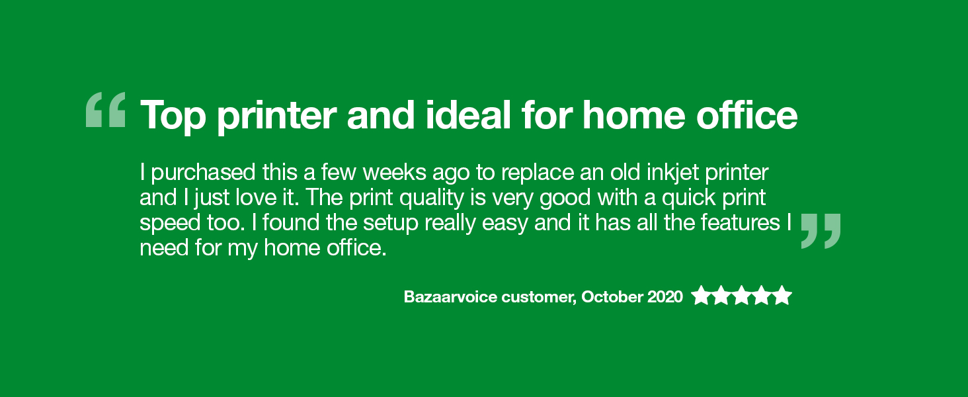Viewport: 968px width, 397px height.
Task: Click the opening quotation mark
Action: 105,109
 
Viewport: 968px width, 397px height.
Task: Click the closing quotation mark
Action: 821,231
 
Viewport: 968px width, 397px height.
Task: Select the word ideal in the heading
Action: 468,114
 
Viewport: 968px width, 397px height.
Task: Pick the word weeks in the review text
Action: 395,173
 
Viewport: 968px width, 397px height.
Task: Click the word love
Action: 256,198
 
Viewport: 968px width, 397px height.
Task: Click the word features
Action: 741,223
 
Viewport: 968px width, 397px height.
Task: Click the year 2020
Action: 665,297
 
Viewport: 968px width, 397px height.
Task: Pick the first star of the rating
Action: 701,296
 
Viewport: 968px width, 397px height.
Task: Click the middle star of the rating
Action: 742,296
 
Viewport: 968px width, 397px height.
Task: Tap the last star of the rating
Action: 782,296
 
